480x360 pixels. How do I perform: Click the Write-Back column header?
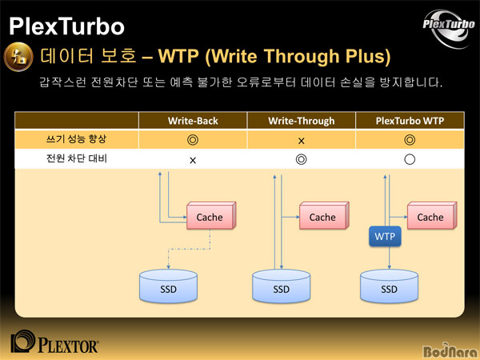tap(193, 121)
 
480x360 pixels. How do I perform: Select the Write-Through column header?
tap(302, 121)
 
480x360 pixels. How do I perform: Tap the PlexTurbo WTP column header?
tap(410, 121)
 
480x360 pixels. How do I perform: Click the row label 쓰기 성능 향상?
tap(76, 139)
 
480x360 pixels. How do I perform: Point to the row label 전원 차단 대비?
tap(77, 158)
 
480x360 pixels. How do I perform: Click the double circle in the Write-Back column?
tap(193, 140)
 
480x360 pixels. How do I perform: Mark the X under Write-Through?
tap(302, 141)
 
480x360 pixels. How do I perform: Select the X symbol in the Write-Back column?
tap(193, 161)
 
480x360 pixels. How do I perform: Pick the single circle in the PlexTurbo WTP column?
tap(410, 159)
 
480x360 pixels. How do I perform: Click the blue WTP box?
tap(385, 236)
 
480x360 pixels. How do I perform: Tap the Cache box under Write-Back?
tap(211, 215)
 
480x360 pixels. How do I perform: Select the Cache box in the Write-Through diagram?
tap(324, 215)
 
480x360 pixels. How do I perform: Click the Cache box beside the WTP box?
tap(432, 215)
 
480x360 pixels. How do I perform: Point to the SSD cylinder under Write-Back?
tap(168, 286)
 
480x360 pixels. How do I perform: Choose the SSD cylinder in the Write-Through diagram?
tap(282, 286)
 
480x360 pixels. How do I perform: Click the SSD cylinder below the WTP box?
tap(389, 286)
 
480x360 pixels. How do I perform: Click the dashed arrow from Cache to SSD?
tap(189, 249)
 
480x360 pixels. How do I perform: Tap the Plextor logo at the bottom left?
tap(54, 342)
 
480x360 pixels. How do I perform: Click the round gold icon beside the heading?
tap(18, 57)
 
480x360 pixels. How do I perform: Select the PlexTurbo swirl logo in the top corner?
tap(449, 29)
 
